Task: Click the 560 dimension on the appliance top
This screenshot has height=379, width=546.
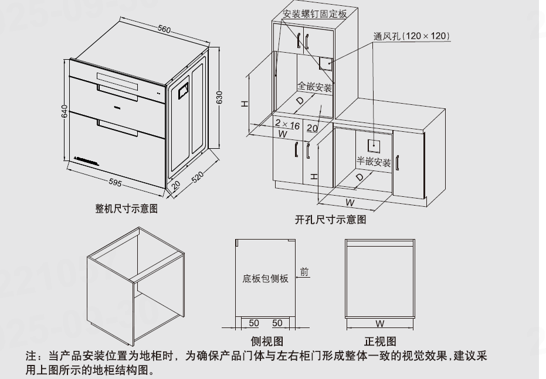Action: tap(164, 29)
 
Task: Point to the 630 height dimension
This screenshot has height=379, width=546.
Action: tap(220, 97)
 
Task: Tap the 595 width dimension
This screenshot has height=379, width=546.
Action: tap(116, 183)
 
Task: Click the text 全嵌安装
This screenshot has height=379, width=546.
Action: tap(316, 87)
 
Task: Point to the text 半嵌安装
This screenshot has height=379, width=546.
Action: tap(374, 162)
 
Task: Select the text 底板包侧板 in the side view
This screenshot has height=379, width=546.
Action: tap(266, 279)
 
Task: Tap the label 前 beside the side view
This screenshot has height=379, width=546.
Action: tap(304, 272)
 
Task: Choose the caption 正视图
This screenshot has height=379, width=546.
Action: tap(380, 341)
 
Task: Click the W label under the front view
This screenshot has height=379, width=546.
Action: tap(380, 323)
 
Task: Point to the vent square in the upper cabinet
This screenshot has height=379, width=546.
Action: tap(326, 63)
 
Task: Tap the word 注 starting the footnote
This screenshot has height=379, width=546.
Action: tap(30, 356)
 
